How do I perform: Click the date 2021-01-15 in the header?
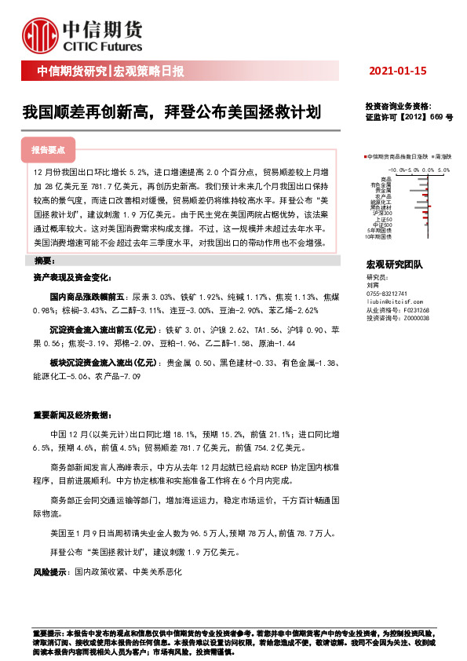coord(397,71)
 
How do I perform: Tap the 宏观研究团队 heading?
coord(394,267)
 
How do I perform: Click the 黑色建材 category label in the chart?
coord(381,206)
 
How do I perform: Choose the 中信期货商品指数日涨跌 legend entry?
coord(399,157)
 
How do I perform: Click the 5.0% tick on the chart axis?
coord(443,169)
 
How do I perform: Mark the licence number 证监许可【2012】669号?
coord(408,115)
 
